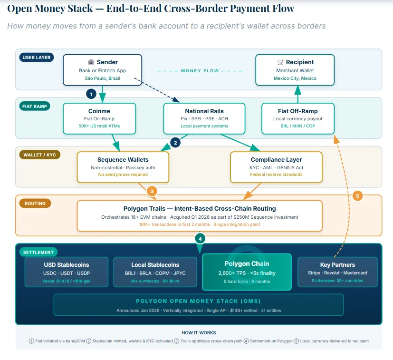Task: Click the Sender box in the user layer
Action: pos(102,70)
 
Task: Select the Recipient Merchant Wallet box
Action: pos(295,70)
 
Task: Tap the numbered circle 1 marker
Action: pos(92,94)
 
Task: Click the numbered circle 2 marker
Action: pos(175,142)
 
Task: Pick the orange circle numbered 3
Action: pos(152,191)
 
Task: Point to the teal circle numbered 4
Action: pos(200,238)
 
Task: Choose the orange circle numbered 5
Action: pos(358,195)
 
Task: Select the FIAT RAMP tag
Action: pos(35,106)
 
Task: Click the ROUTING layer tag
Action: pos(36,203)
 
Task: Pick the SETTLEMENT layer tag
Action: pos(38,252)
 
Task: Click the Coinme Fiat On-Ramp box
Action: pos(99,118)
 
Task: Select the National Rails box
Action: pos(204,118)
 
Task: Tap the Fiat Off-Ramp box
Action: pos(297,118)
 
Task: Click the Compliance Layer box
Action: pos(276,167)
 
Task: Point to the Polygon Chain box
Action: pos(247,272)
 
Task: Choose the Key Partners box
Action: pos(337,272)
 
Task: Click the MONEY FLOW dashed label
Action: pos(200,71)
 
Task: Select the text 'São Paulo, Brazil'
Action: pos(102,78)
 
